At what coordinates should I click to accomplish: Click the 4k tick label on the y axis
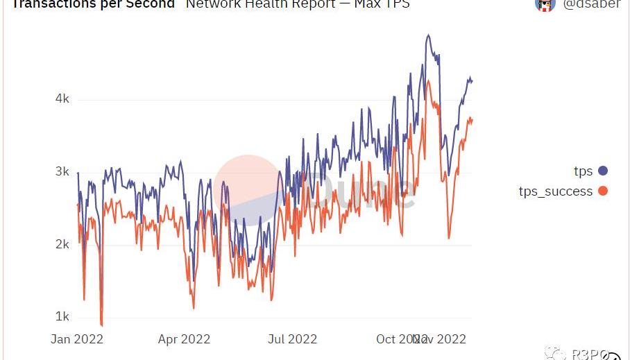[62, 98]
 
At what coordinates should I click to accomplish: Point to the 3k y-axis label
[62, 171]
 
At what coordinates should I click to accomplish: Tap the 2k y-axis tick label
[62, 244]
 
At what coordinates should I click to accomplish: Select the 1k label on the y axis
[62, 316]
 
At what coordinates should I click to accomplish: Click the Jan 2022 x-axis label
[77, 339]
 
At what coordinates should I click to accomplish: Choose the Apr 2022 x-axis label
[184, 339]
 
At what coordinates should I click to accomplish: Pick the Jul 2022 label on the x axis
[292, 339]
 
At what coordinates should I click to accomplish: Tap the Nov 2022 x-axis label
[441, 339]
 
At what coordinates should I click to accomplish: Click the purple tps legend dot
[602, 171]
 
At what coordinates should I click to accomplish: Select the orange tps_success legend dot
[602, 191]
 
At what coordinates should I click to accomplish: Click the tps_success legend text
[555, 191]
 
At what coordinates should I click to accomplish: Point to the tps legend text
[583, 171]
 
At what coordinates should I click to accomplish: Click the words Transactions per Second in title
[93, 4]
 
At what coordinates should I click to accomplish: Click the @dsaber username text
[591, 4]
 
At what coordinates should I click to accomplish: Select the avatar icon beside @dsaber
[545, 4]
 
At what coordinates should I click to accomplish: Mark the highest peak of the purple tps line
[428, 35]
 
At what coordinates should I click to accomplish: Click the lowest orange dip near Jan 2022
[101, 325]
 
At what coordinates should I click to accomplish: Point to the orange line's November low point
[449, 238]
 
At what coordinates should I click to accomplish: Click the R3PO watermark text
[586, 354]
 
